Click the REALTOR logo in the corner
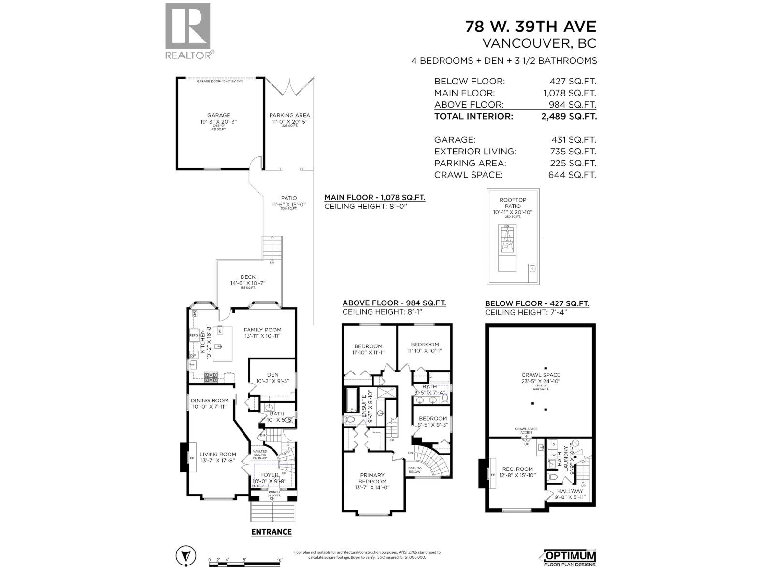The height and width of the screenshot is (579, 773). coord(188,31)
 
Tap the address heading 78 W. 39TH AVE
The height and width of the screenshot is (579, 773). coord(530,26)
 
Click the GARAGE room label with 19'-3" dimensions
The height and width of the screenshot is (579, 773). coord(218,116)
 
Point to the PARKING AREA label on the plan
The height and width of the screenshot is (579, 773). coord(289,115)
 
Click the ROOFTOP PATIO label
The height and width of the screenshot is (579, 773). coord(513,203)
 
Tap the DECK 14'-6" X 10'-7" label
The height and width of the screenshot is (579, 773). coord(248,277)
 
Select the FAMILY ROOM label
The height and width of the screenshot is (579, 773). coord(262,330)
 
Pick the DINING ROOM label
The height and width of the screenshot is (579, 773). coord(209,400)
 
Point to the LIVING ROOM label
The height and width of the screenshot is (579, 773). coord(218,454)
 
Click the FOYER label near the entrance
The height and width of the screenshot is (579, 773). coord(269,475)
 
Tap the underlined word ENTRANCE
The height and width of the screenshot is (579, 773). coord(272,532)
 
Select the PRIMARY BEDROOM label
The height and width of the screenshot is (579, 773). coord(372,478)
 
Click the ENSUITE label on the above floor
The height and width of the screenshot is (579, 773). coord(364,405)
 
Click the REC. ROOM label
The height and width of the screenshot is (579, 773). coord(517,469)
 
